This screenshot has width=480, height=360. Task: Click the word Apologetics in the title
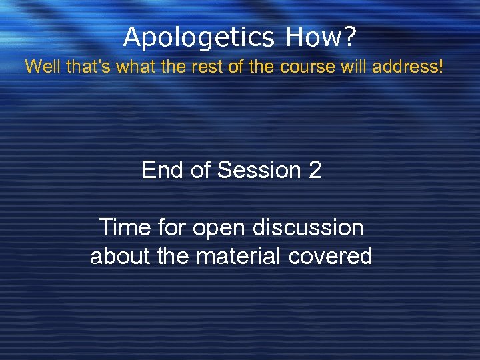pos(198,37)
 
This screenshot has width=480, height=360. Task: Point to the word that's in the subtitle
pos(83,67)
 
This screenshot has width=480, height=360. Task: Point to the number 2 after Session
pos(315,171)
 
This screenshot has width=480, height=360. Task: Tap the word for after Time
pos(172,228)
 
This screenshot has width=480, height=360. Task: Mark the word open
pos(220,228)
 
